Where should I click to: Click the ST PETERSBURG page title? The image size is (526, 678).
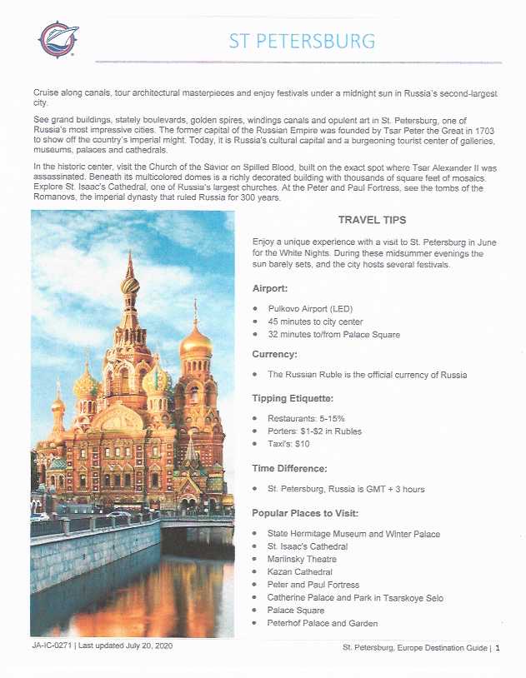302,41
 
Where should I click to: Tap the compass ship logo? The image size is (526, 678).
58,39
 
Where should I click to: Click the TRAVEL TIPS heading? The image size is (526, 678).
372,220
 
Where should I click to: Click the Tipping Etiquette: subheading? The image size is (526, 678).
293,397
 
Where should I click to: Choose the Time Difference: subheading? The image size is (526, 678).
290,469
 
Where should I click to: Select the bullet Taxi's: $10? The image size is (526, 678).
288,444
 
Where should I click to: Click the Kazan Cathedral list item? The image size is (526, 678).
299,572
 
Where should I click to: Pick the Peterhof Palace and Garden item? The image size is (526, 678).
322,623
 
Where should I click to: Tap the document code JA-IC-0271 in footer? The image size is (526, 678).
51,646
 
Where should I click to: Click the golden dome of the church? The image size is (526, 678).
196,341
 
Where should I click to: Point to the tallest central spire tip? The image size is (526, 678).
129,253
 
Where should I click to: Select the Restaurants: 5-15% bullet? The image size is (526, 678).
306,417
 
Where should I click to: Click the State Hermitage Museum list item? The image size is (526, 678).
353,533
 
